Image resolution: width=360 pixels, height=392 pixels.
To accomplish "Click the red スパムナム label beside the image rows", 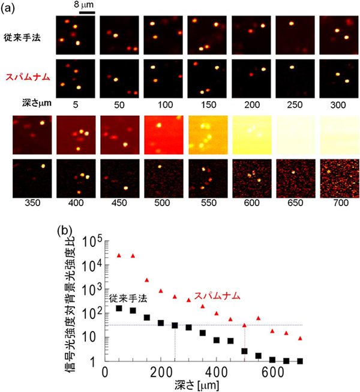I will pyautogui.click(x=27, y=77).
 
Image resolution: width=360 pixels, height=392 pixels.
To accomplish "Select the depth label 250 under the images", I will pyautogui.click(x=294, y=103).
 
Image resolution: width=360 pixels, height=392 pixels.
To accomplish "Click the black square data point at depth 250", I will pyautogui.click(x=175, y=325).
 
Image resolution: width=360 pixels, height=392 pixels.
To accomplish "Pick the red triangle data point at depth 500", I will pyautogui.click(x=244, y=325).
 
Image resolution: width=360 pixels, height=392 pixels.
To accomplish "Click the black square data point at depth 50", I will pyautogui.click(x=119, y=308).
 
